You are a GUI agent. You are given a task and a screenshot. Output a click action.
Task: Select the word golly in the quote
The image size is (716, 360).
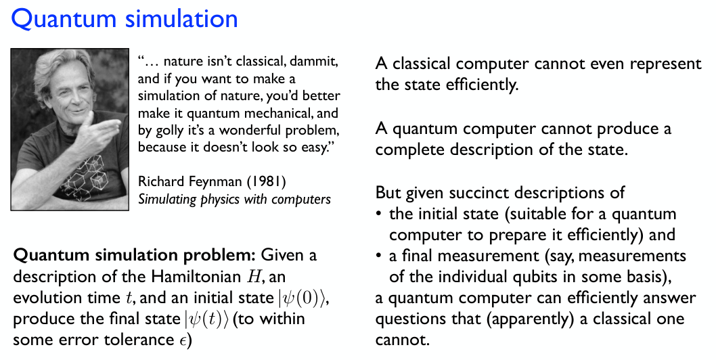[169, 131]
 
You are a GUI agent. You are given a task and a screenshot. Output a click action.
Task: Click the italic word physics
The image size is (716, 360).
[221, 200]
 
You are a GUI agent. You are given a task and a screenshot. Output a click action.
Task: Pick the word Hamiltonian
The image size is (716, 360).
[196, 276]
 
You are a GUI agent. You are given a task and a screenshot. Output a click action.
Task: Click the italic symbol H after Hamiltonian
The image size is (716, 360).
[252, 276]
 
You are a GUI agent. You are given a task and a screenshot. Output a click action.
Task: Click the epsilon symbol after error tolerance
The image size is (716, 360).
[182, 341]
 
